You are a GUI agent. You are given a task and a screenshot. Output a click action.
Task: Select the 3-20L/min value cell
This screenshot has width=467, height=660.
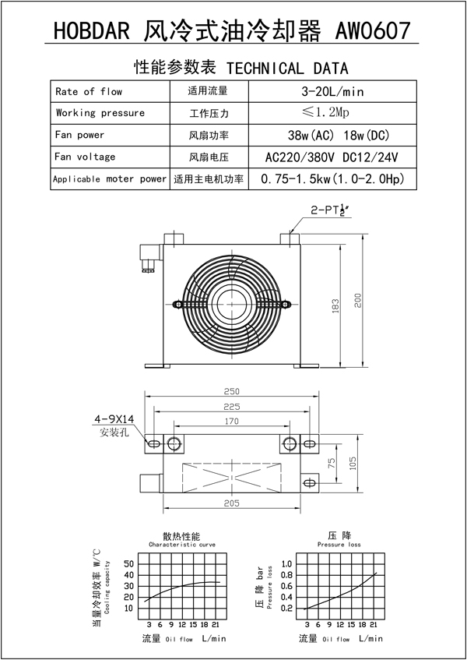(x=332, y=91)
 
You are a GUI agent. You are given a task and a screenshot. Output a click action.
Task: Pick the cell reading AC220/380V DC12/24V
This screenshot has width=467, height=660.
(x=332, y=157)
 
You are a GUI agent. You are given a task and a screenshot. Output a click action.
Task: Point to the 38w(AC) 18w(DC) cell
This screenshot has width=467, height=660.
(x=332, y=135)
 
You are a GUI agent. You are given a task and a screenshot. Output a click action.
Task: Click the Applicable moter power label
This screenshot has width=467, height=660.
(x=110, y=178)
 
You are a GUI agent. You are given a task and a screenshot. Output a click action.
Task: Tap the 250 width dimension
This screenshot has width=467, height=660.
(x=231, y=391)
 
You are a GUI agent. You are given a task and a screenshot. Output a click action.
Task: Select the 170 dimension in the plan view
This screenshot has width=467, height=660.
(x=231, y=422)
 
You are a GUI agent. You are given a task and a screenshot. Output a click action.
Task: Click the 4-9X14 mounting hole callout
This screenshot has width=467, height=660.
(x=114, y=419)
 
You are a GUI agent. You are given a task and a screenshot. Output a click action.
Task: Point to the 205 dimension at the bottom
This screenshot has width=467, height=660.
(x=231, y=504)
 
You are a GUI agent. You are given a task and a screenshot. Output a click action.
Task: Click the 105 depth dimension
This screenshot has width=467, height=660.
(x=352, y=464)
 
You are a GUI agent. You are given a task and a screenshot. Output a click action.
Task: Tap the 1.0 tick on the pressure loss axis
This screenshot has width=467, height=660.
(x=286, y=563)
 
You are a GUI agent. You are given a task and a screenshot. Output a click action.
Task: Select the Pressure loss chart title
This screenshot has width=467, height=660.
(x=340, y=545)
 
